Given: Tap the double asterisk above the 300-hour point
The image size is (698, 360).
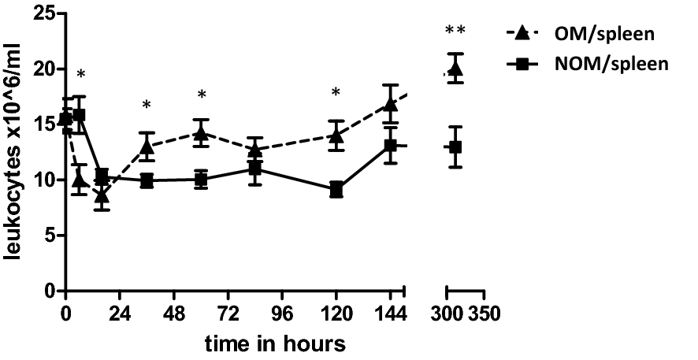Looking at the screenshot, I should click(x=455, y=31).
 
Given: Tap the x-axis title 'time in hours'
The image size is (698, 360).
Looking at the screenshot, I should click(x=274, y=343).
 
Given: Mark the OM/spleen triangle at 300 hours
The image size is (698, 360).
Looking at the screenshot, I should click(x=455, y=69).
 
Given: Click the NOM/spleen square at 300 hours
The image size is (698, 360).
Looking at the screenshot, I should click(x=455, y=147).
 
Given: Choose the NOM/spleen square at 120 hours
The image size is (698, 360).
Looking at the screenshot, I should click(x=336, y=189).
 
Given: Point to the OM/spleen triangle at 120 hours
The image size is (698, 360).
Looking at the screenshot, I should click(x=336, y=135).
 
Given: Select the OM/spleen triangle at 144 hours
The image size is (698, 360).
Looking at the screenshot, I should click(x=391, y=104).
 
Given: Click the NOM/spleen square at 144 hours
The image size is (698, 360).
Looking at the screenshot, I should click(x=391, y=146).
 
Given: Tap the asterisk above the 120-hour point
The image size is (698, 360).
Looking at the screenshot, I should click(x=336, y=93).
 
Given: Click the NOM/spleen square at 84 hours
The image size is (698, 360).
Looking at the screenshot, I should click(x=254, y=169).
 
